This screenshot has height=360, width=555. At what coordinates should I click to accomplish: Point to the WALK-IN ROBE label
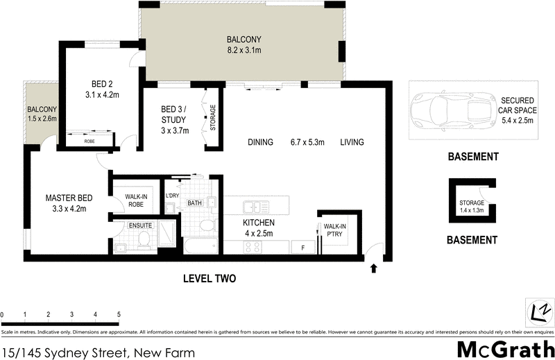tap(135, 200)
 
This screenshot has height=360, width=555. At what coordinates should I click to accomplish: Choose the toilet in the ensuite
tap(144, 239)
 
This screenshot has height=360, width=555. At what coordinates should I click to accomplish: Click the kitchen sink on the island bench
tap(255, 206)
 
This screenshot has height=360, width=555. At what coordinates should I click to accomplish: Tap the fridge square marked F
tap(302, 248)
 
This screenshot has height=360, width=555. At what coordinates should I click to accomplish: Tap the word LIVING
tap(352, 142)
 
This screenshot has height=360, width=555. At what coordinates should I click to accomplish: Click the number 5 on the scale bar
tap(119, 315)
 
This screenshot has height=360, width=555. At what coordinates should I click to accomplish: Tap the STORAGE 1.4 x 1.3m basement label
tap(472, 206)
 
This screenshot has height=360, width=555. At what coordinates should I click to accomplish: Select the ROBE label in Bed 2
tap(89, 141)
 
